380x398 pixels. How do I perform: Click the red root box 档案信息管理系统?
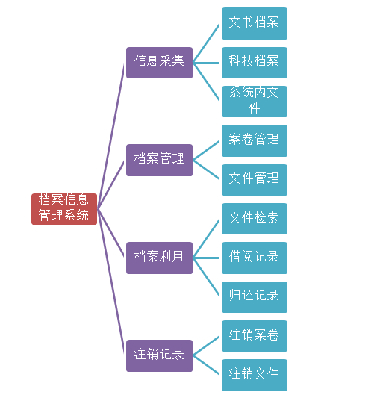pyautogui.click(x=64, y=209)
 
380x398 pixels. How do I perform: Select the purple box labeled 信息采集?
pyautogui.click(x=160, y=63)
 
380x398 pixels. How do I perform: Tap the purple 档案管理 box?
pyautogui.click(x=160, y=160)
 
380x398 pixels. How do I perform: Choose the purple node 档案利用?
pyautogui.click(x=160, y=258)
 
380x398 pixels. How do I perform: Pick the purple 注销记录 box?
pyautogui.click(x=160, y=355)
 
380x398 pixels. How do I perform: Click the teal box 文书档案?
pyautogui.click(x=255, y=23)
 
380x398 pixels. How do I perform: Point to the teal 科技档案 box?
pyautogui.click(x=255, y=63)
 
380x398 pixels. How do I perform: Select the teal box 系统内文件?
pyautogui.click(x=255, y=102)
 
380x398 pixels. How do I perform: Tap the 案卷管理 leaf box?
pyautogui.click(x=255, y=140)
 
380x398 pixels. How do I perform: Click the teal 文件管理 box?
pyautogui.click(x=255, y=180)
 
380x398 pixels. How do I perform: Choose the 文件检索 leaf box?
pyautogui.click(x=255, y=219)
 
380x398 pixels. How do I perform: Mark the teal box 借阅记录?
pyautogui.click(x=255, y=258)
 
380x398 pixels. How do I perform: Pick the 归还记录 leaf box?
pyautogui.click(x=255, y=297)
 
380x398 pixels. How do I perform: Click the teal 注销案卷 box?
pyautogui.click(x=255, y=336)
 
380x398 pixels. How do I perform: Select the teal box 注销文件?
pyautogui.click(x=255, y=375)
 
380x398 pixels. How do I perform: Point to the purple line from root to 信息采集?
pyautogui.click(x=111, y=137)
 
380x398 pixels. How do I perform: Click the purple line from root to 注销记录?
pyautogui.click(x=111, y=282)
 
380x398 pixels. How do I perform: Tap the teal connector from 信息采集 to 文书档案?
pyautogui.click(x=206, y=43)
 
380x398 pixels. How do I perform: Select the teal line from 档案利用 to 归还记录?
pyautogui.click(x=206, y=277)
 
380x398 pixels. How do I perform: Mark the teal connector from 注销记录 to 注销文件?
pyautogui.click(x=206, y=365)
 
